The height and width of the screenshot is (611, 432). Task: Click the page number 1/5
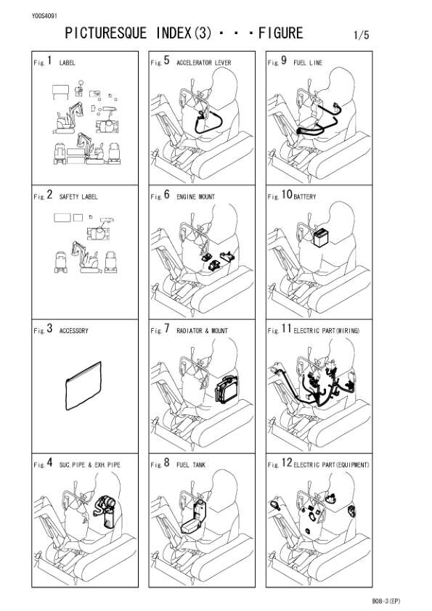pyautogui.click(x=361, y=34)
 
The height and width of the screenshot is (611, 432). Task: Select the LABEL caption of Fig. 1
pyautogui.click(x=67, y=63)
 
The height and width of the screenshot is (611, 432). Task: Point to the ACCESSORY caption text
pyautogui.click(x=73, y=331)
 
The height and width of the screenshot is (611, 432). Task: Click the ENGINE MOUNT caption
pyautogui.click(x=195, y=197)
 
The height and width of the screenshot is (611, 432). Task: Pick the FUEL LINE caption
pyautogui.click(x=308, y=63)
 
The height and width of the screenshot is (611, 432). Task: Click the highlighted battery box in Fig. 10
pyautogui.click(x=317, y=238)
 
